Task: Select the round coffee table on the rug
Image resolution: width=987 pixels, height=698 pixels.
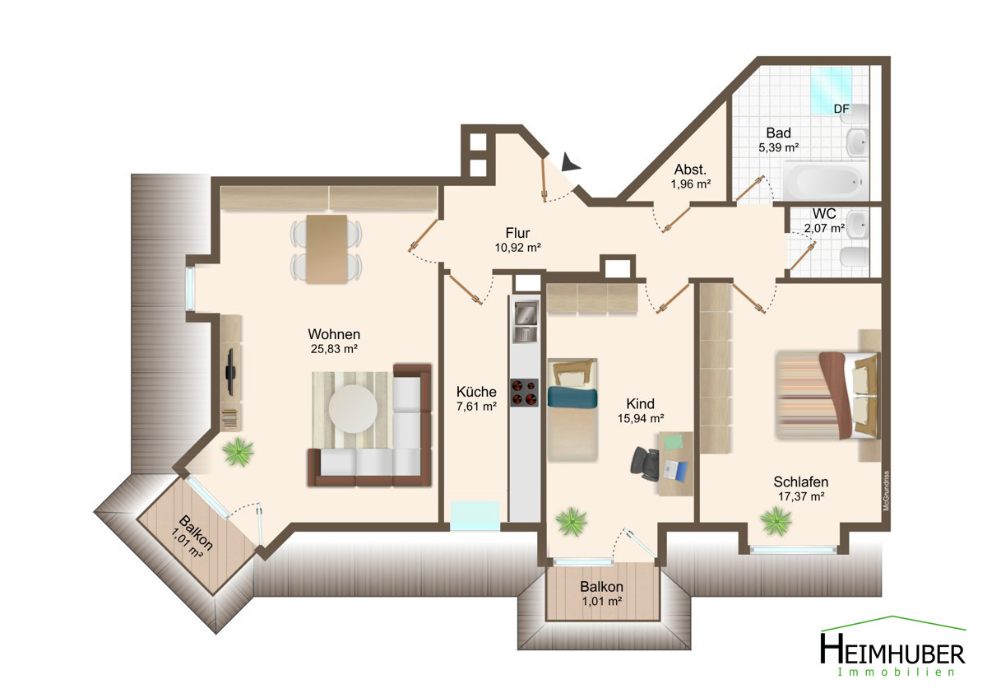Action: [x=353, y=409]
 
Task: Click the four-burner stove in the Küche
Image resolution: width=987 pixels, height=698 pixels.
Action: [x=525, y=393]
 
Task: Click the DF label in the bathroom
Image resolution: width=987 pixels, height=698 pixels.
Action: [x=841, y=109]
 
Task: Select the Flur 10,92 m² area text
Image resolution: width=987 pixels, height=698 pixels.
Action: [x=517, y=240]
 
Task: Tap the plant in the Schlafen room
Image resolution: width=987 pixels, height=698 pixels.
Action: [x=776, y=521]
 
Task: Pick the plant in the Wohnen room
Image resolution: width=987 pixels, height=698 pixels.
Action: [x=239, y=452]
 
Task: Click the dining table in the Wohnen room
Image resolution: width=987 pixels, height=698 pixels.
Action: [x=327, y=249]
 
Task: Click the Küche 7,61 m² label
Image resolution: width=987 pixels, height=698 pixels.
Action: [x=476, y=398]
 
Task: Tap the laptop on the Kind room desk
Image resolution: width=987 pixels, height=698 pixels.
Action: [x=675, y=470]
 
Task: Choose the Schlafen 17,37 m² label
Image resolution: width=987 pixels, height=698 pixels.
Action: [x=800, y=489]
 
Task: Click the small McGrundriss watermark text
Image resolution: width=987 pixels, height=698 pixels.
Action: [x=887, y=491]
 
